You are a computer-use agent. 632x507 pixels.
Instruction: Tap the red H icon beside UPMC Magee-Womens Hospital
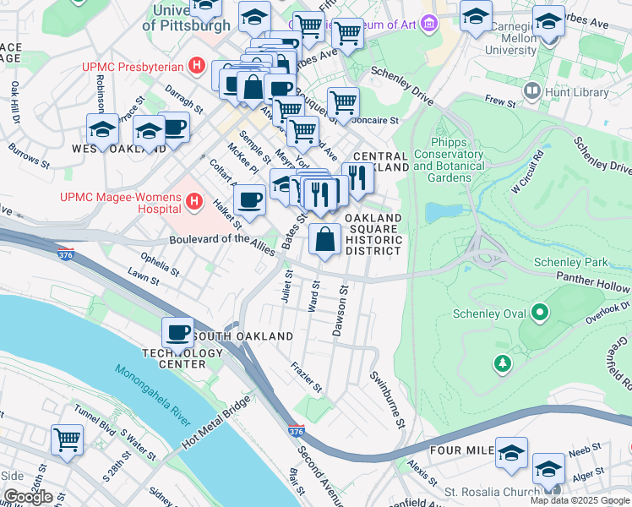[194, 203]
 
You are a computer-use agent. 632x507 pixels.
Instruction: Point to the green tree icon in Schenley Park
[503, 363]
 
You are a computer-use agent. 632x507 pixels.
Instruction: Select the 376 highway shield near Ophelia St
[65, 253]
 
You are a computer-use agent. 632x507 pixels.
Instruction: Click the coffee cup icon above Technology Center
[177, 332]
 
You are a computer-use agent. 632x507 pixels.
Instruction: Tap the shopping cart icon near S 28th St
[67, 439]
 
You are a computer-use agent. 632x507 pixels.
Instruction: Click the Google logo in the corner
[27, 497]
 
